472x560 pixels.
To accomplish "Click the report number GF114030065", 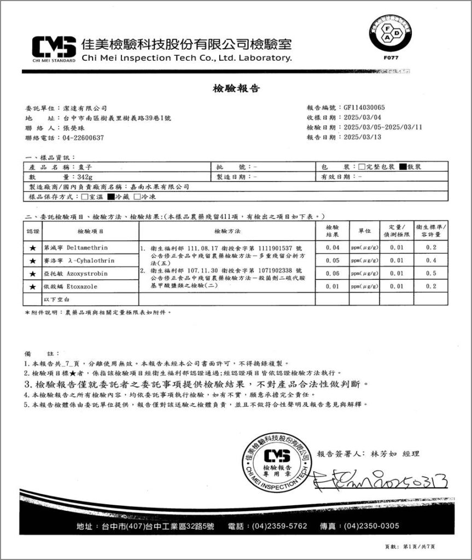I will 364,108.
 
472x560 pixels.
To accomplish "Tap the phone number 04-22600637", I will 84,138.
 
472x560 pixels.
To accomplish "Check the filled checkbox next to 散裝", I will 402,167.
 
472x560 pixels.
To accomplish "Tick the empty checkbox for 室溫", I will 84,196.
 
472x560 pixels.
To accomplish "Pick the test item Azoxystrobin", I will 88,273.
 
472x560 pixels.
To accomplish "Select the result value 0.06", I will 332,273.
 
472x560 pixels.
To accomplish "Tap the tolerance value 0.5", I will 430,273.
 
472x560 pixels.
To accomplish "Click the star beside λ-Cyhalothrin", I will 32,260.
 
